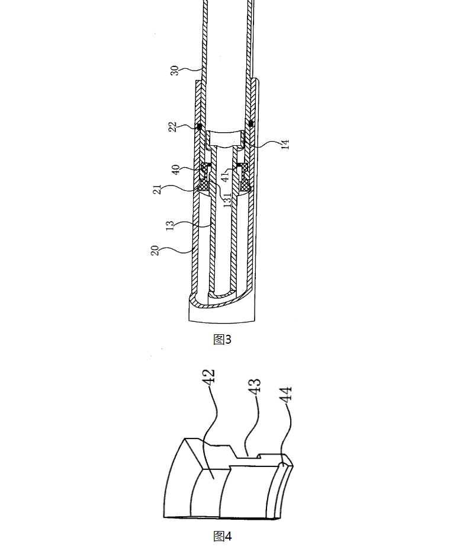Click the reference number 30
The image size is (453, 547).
(175, 70)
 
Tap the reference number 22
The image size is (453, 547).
(173, 126)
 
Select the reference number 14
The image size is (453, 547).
(285, 144)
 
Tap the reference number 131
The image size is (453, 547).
(227, 200)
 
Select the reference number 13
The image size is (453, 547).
(170, 225)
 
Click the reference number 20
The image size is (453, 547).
(155, 250)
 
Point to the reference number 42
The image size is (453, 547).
(210, 378)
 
